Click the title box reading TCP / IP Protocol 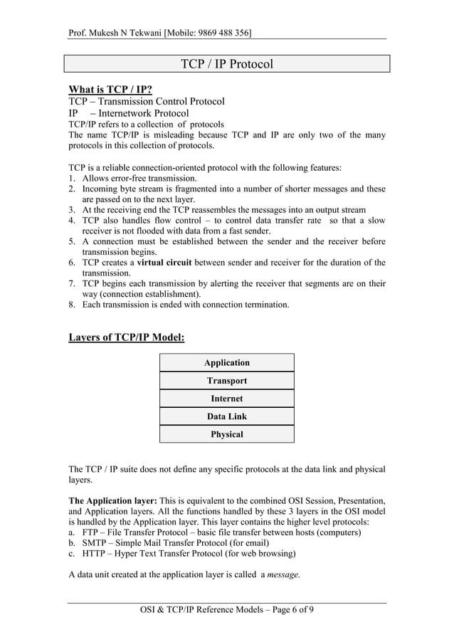(226, 64)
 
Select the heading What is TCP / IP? (110, 89)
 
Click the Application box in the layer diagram (226, 363)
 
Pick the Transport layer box (226, 381)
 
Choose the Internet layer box (226, 399)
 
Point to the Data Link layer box (226, 416)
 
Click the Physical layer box (226, 434)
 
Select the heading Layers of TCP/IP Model (126, 337)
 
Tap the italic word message (283, 575)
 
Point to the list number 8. (72, 305)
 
